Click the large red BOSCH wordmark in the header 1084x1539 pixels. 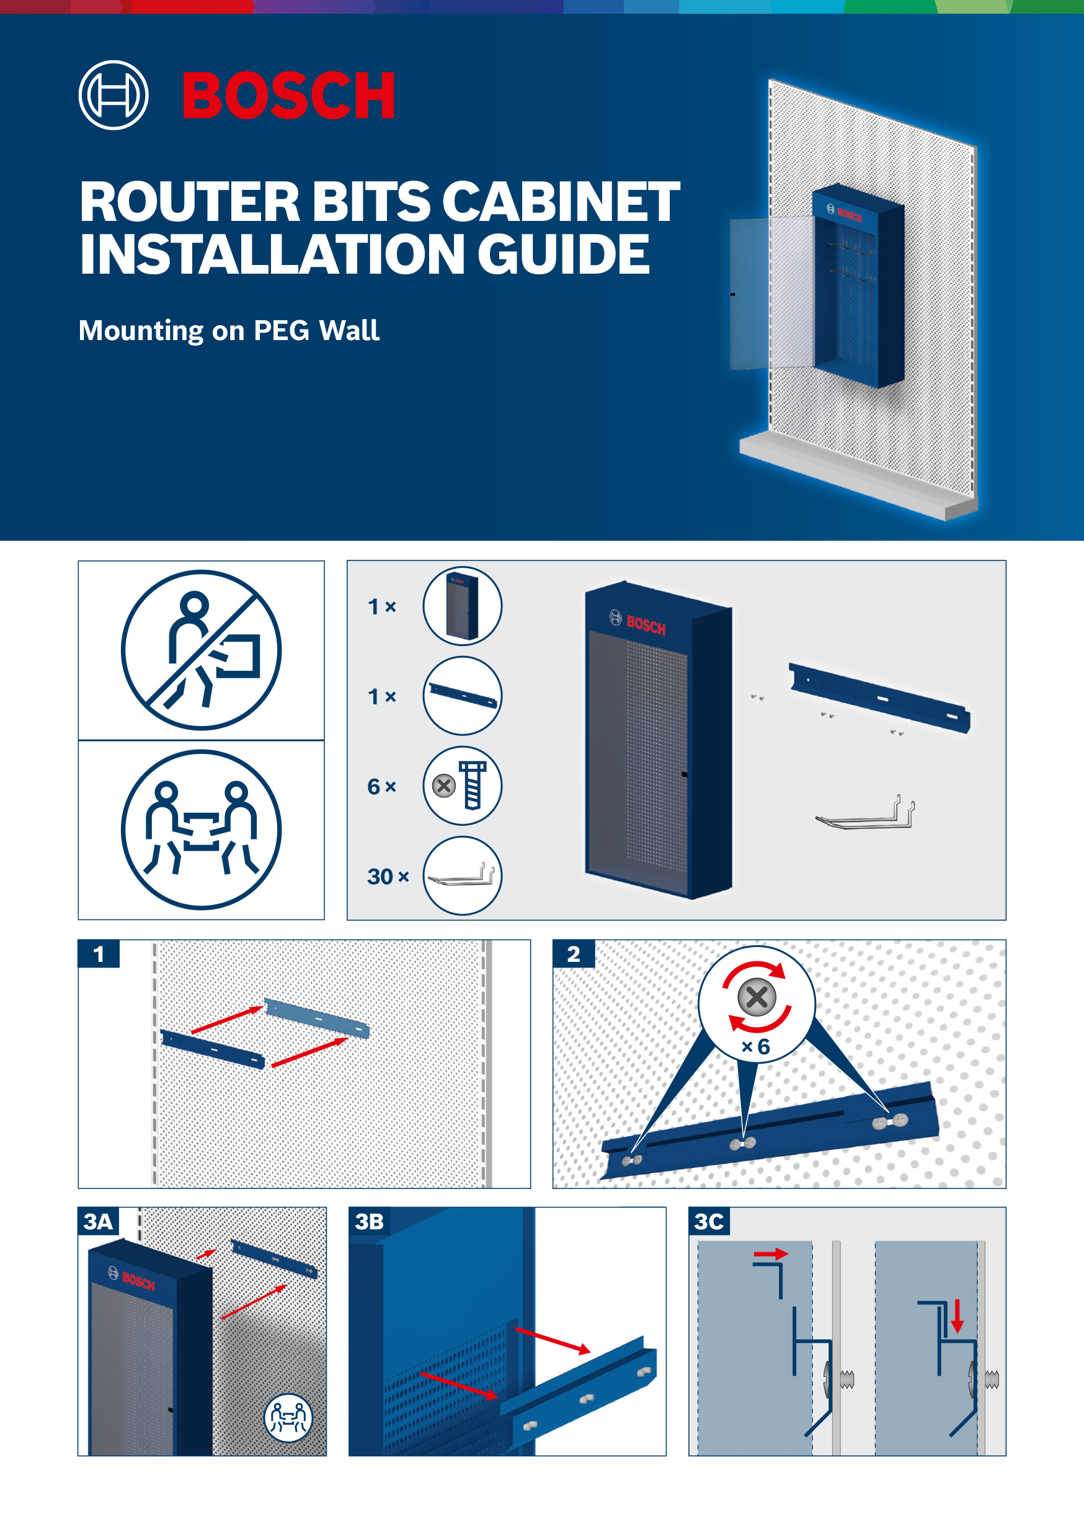pos(288,95)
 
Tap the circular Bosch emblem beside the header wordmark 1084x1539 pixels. pos(113,95)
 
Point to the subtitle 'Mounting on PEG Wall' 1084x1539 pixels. pos(228,331)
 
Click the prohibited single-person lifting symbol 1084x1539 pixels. pos(201,650)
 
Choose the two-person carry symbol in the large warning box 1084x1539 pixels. pos(201,829)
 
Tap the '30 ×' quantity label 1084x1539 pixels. pos(388,876)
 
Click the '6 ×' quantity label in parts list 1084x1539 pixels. pos(381,786)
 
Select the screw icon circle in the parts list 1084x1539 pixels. pos(462,786)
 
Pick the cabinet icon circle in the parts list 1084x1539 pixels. pos(462,606)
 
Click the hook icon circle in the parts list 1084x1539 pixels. pos(462,876)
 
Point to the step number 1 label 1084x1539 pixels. pos(99,954)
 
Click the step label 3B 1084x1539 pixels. pos(369,1221)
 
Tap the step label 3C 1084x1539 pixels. pos(709,1221)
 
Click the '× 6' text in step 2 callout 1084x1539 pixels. pos(756,1047)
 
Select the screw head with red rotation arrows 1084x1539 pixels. pos(757,997)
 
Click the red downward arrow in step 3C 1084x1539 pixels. pos(957,1315)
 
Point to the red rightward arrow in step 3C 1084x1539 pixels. pos(770,1254)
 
